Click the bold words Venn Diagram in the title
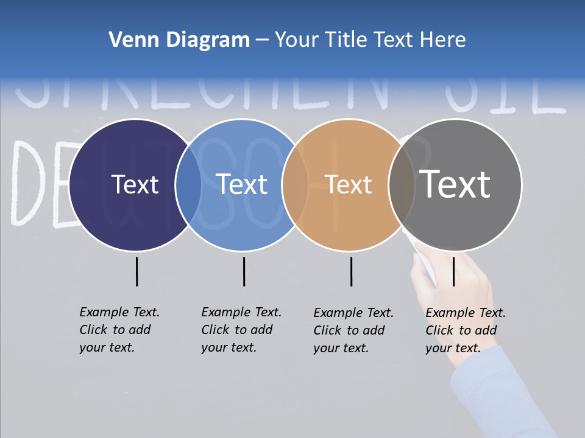[179, 40]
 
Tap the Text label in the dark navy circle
[135, 184]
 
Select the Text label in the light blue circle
[242, 184]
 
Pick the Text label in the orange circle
[349, 184]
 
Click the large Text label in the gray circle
[455, 184]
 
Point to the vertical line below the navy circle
[136, 271]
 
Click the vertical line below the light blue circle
[244, 271]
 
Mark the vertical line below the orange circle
[351, 271]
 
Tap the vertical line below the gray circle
[453, 271]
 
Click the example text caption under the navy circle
[119, 330]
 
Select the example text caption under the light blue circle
[241, 330]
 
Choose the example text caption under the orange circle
[353, 330]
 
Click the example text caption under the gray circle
[466, 330]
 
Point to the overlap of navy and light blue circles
[189, 184]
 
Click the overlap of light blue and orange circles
[295, 184]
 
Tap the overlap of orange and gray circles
[402, 184]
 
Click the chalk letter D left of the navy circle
[30, 182]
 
